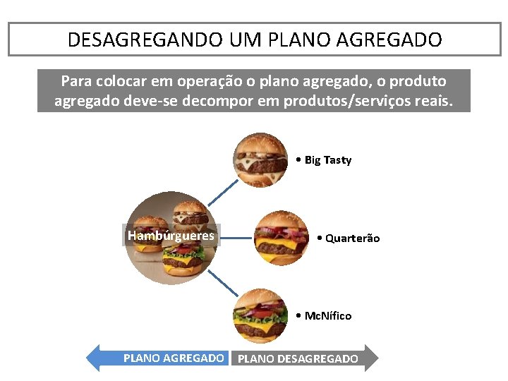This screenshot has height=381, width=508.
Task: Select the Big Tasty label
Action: coord(327,160)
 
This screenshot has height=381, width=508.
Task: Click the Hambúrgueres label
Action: coord(171,236)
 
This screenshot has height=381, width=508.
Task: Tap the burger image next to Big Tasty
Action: coord(261,160)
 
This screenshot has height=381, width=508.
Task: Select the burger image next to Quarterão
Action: coord(282,238)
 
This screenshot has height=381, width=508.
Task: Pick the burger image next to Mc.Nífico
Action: coord(261,315)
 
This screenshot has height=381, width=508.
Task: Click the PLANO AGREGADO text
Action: coord(174,358)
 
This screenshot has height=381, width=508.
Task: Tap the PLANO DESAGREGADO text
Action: coord(298,358)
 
